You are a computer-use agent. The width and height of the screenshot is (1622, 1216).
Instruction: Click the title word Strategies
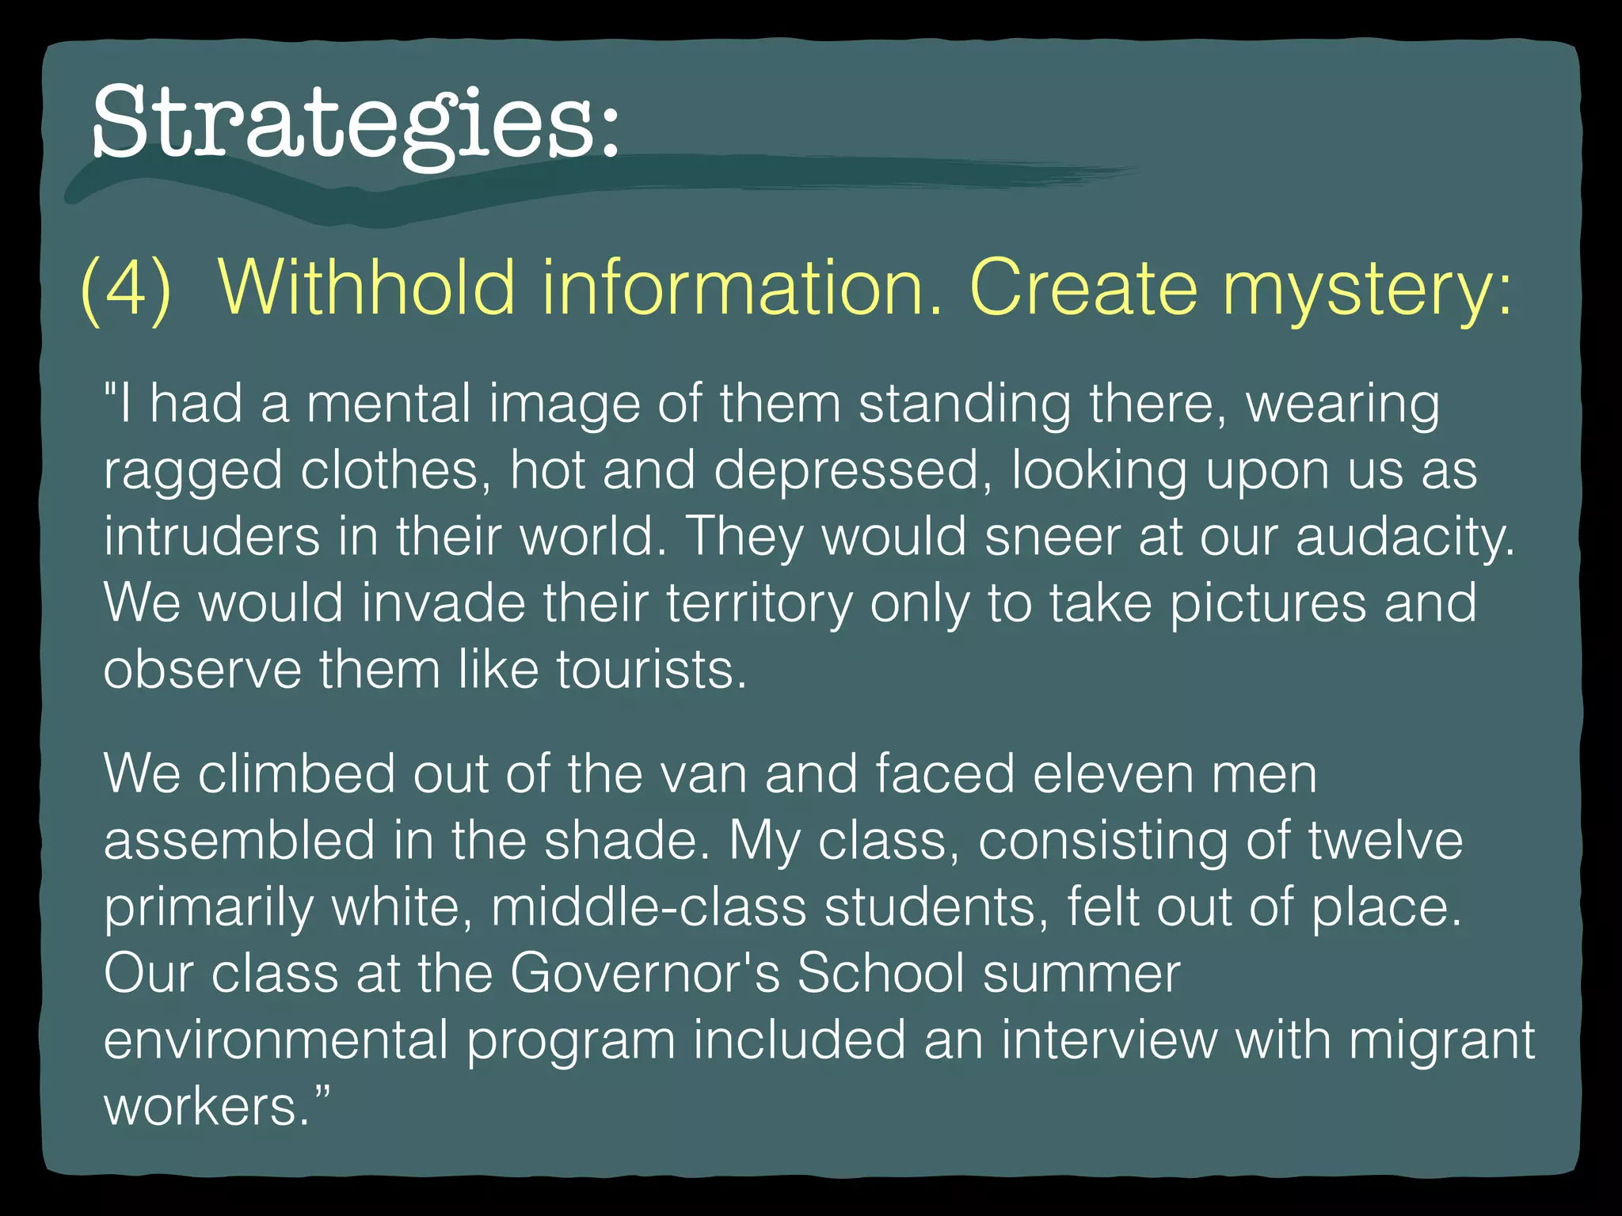click(x=355, y=123)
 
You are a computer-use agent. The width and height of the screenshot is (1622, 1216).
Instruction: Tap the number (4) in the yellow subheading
click(x=126, y=288)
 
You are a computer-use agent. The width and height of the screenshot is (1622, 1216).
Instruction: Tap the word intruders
click(x=211, y=537)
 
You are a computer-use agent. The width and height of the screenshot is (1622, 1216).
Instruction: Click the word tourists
click(x=651, y=671)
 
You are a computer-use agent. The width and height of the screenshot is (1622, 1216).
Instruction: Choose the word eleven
click(x=1103, y=773)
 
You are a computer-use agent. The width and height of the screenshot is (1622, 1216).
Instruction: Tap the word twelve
click(x=1385, y=840)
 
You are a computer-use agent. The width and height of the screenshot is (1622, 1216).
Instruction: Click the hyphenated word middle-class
click(x=649, y=906)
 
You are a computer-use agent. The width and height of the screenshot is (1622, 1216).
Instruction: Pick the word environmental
click(x=276, y=1040)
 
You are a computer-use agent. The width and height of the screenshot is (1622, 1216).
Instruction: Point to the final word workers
click(x=207, y=1107)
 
